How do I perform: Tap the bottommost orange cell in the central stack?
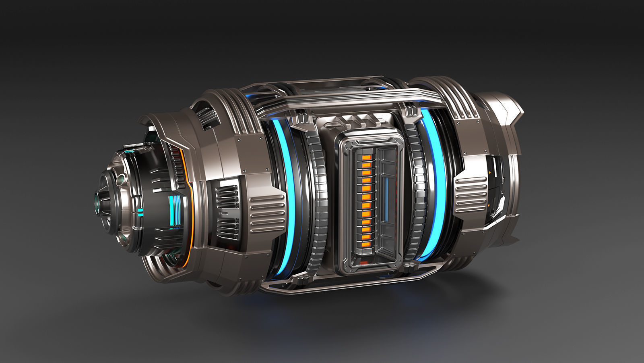coord(366,243)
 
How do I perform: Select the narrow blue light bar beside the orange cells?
coord(386,199)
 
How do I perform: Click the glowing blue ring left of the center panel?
coord(289,190)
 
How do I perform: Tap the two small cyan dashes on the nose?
coord(140,212)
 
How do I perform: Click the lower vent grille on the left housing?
coord(228,228)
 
